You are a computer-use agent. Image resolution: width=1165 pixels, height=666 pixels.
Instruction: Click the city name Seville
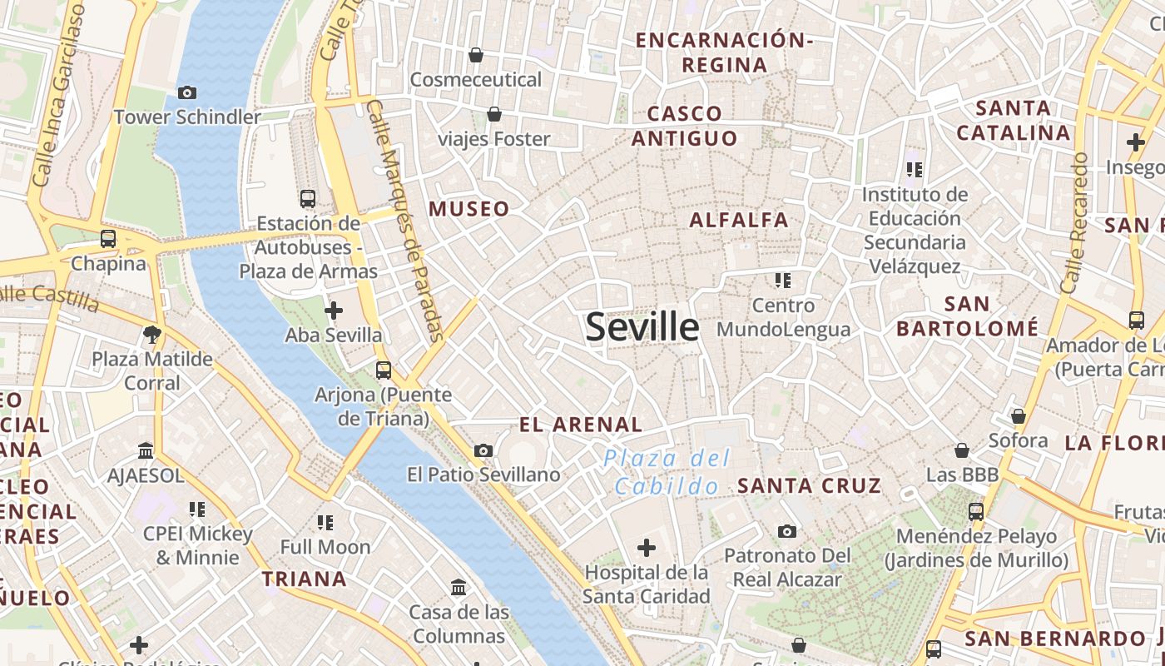(642, 327)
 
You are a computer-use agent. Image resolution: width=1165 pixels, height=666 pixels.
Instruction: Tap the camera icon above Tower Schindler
(187, 92)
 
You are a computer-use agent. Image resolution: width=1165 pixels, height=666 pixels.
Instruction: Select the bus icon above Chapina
(108, 239)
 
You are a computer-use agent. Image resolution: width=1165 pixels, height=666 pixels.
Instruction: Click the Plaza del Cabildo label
(667, 472)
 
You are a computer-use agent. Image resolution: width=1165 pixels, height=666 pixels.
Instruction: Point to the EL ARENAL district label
(581, 425)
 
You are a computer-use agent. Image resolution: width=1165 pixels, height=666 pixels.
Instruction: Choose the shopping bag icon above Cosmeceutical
(476, 55)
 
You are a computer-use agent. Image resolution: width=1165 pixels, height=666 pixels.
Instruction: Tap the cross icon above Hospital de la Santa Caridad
(646, 548)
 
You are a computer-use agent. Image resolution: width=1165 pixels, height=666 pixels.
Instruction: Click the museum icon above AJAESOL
(146, 450)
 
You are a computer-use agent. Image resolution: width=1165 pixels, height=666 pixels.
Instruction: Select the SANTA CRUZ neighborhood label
(809, 485)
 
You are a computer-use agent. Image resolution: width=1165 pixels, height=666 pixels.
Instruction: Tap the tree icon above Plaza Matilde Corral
(151, 335)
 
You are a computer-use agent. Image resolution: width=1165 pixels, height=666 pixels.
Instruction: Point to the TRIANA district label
(304, 579)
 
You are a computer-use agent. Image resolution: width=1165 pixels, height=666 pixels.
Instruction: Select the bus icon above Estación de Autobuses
(308, 198)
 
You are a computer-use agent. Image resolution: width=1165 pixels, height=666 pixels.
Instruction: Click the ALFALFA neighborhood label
(739, 220)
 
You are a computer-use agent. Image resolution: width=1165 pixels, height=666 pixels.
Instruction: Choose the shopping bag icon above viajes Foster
(494, 113)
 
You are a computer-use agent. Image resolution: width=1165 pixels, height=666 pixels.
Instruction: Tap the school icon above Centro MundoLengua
(783, 280)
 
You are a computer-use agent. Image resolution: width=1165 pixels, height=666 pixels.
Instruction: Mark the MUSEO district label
(469, 209)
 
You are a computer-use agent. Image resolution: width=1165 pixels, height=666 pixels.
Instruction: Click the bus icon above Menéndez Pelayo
(976, 511)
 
